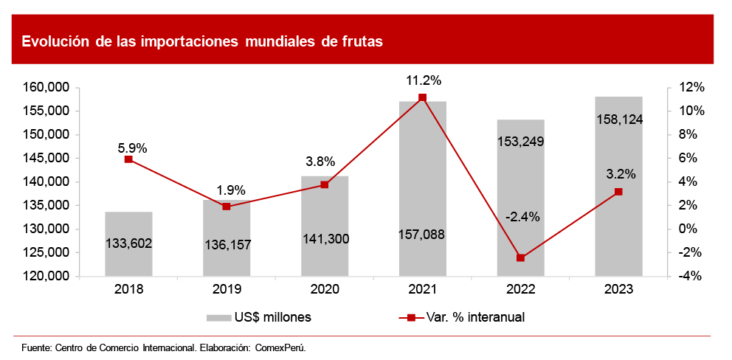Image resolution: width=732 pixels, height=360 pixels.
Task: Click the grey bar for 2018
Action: point(128,243)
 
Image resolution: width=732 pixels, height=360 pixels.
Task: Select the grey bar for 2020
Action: point(325,226)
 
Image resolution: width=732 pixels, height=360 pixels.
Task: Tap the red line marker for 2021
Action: point(423,98)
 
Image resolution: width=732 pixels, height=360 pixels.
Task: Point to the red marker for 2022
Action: point(521,257)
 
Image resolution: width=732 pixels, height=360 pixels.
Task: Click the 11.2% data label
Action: point(423,80)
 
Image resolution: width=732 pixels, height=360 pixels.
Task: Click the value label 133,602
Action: point(128,243)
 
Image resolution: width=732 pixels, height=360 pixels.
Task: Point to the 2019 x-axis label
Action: point(227,288)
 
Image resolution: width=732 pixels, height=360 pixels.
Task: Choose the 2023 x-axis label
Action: point(618,288)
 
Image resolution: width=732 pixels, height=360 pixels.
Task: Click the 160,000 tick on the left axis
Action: point(48,88)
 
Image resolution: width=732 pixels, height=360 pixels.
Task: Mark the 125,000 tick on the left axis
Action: point(48,252)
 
